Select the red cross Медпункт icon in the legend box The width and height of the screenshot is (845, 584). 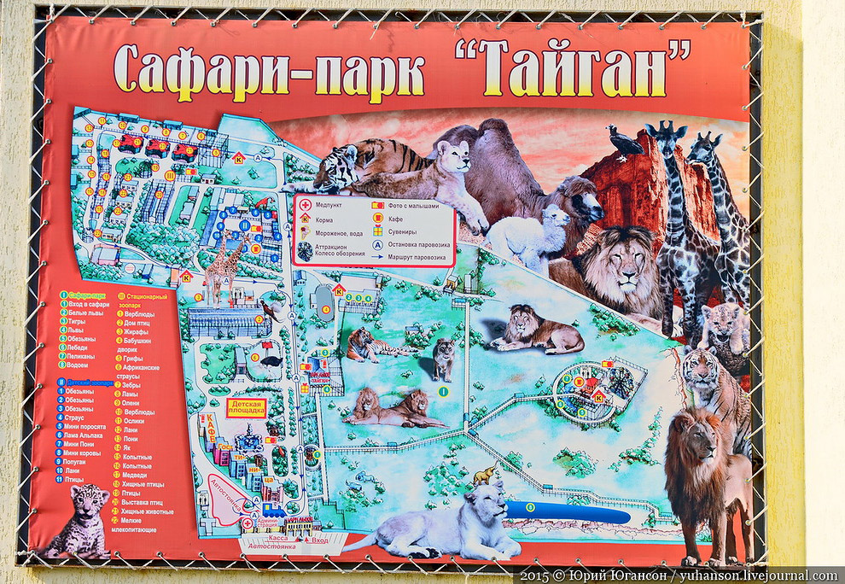(x=305, y=206)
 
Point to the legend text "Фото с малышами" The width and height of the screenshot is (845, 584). (x=417, y=205)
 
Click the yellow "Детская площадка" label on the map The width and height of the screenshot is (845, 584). (x=245, y=406)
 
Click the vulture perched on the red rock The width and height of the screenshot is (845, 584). (x=625, y=142)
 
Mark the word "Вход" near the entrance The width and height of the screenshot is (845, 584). (x=319, y=540)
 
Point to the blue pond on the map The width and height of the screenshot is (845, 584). (x=568, y=512)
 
